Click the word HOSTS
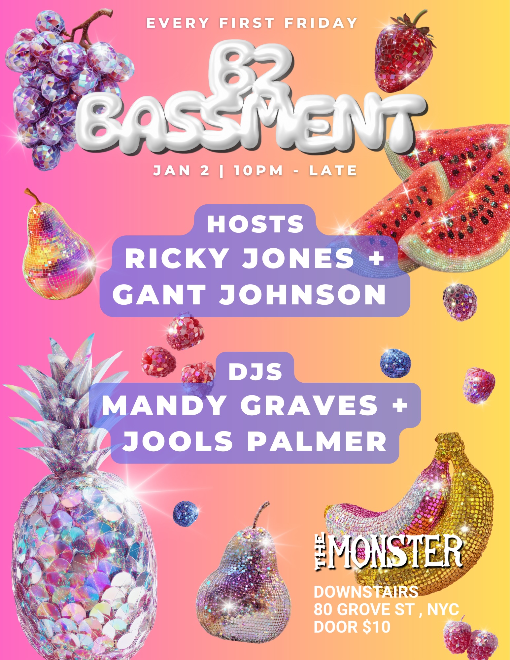(x=255, y=224)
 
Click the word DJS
(x=255, y=371)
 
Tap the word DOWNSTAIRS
(x=366, y=592)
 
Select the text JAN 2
(x=181, y=171)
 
